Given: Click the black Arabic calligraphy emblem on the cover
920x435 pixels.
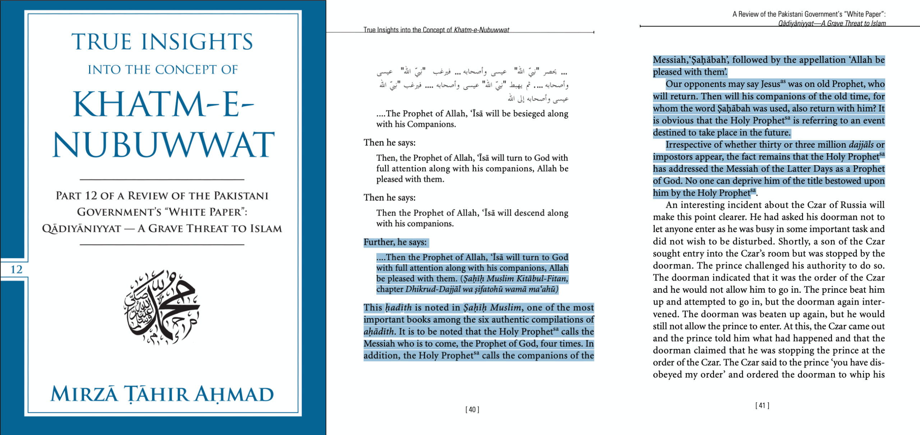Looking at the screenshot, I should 162,307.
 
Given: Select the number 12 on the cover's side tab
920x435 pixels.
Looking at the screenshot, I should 17,269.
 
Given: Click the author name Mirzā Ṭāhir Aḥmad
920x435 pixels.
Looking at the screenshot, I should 162,394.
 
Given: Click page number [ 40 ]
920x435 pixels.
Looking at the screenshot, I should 472,409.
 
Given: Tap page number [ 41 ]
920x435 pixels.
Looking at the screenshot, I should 762,406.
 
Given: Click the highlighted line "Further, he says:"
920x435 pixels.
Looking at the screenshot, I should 395,242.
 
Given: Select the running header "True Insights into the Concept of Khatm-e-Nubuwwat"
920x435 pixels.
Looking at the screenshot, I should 436,30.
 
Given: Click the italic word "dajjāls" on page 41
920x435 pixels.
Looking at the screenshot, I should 861,144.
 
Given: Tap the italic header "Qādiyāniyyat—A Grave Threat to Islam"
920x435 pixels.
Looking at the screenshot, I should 832,23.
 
